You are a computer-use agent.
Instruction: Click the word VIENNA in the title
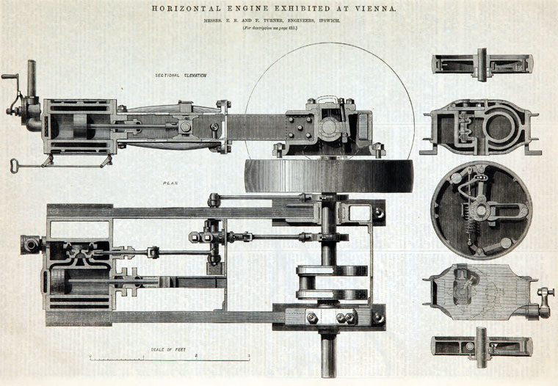pyautogui.click(x=374, y=9)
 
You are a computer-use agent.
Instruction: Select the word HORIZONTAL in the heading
pyautogui.click(x=178, y=9)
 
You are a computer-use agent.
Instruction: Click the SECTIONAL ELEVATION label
pyautogui.click(x=181, y=75)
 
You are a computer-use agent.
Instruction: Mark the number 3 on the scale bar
pyautogui.click(x=249, y=355)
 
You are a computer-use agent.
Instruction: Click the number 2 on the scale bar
pyautogui.click(x=196, y=355)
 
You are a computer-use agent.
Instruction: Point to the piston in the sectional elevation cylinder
pyautogui.click(x=74, y=129)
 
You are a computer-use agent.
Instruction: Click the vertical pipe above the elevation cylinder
pyautogui.click(x=32, y=76)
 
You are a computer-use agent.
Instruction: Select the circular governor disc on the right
pyautogui.click(x=481, y=209)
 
